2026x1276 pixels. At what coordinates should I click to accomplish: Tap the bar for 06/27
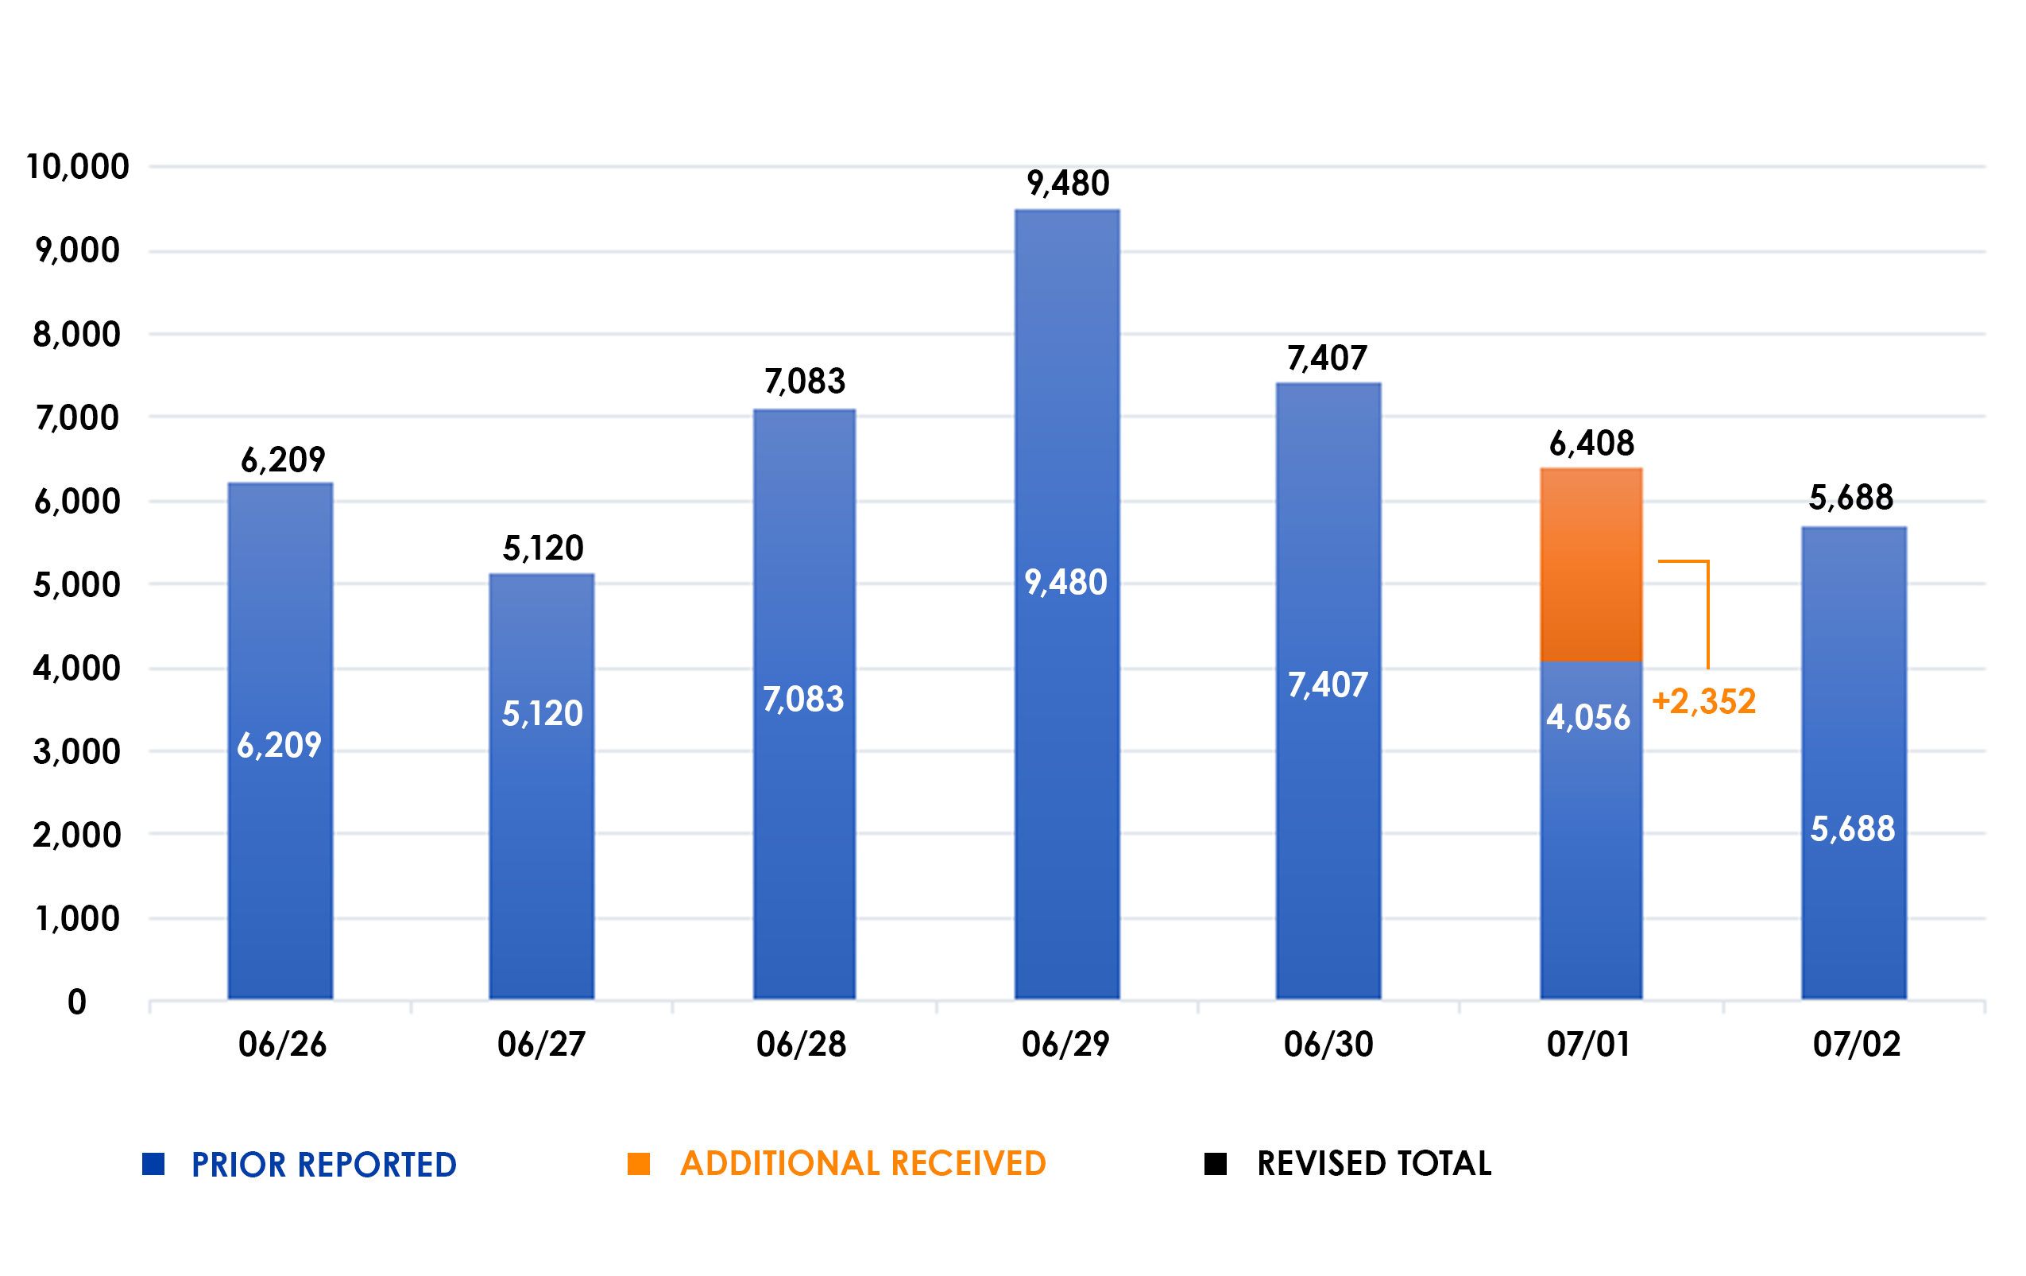[542, 842]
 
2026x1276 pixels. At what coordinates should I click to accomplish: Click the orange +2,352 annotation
[1703, 701]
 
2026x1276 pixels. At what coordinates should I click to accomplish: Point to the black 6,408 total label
[1591, 443]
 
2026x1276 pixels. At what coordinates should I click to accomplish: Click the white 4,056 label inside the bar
[1587, 717]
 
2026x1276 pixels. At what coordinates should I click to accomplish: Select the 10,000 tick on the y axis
[77, 167]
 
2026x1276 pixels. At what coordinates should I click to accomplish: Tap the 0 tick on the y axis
[76, 1002]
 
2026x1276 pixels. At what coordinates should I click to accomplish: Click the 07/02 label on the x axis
[1856, 1045]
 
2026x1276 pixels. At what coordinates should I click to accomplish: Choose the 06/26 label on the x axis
[282, 1045]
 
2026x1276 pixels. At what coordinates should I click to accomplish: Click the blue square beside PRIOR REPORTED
[153, 1163]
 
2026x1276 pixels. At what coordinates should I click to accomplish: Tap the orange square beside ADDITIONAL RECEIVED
[639, 1163]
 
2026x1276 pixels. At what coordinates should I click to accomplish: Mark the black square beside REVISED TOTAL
[1215, 1163]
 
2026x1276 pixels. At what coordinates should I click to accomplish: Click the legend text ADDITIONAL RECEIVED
[862, 1163]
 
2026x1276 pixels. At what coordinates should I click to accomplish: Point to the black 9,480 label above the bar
[1068, 184]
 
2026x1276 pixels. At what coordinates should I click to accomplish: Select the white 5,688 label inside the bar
[1853, 829]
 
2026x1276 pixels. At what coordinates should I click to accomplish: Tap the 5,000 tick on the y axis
[76, 585]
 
